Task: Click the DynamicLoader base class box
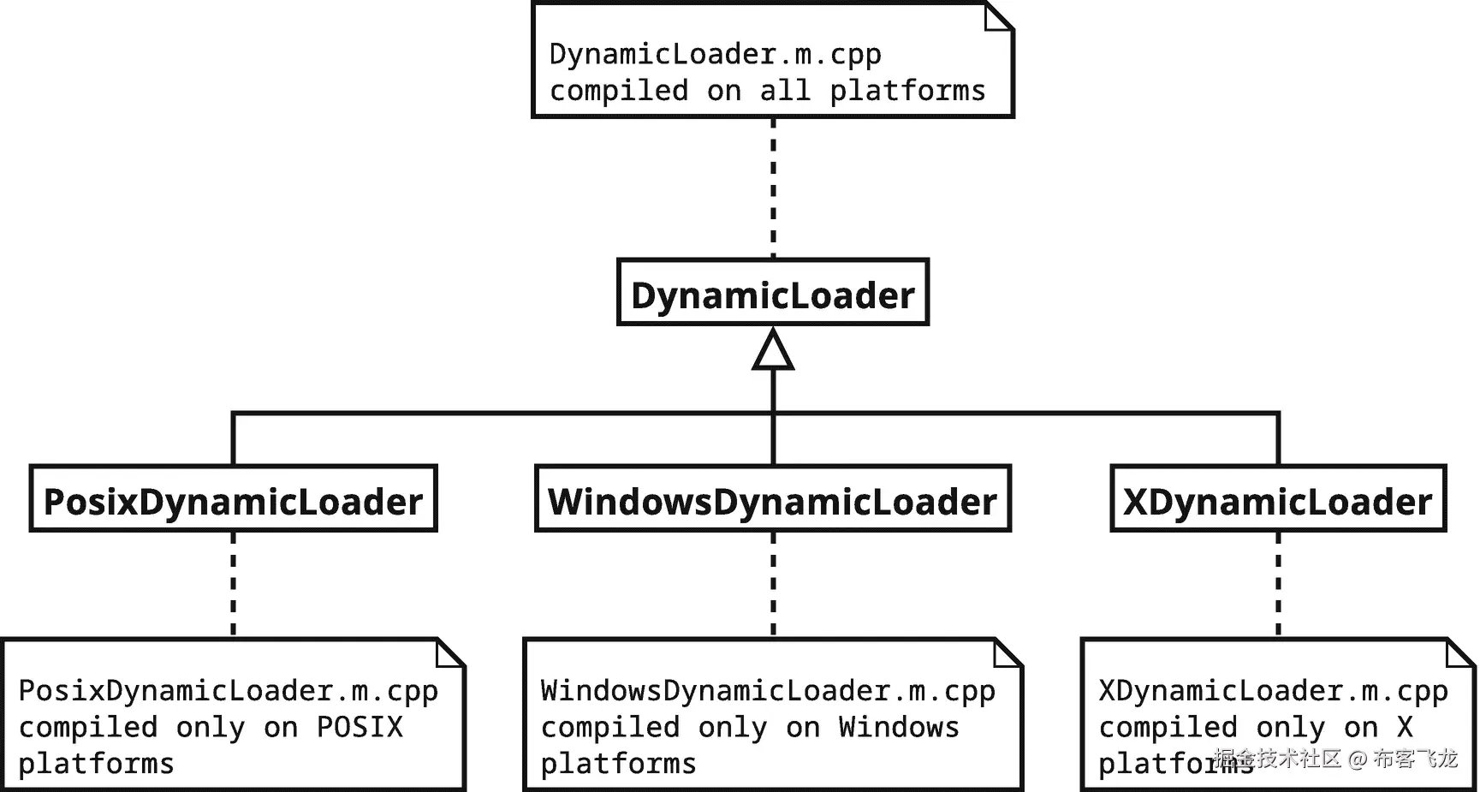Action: tap(772, 294)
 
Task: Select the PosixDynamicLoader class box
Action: tap(233, 500)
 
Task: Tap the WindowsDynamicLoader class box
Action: tap(772, 500)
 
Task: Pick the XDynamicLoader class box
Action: tap(1277, 500)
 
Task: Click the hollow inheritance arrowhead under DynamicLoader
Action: tap(773, 352)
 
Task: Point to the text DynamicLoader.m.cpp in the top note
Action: tap(715, 54)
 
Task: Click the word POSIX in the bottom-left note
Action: tap(360, 727)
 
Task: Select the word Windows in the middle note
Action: tap(899, 727)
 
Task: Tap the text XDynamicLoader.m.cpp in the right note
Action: tap(1273, 690)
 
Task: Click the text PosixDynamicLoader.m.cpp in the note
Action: tap(228, 690)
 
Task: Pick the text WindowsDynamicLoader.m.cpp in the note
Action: tap(768, 690)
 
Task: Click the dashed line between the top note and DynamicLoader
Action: tap(773, 188)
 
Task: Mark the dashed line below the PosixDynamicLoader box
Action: tap(233, 585)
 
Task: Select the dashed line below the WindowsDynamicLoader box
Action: tap(773, 585)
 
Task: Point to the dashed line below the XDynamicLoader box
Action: tap(1278, 585)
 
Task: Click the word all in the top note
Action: tap(785, 91)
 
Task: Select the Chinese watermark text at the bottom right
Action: tap(1335, 758)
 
